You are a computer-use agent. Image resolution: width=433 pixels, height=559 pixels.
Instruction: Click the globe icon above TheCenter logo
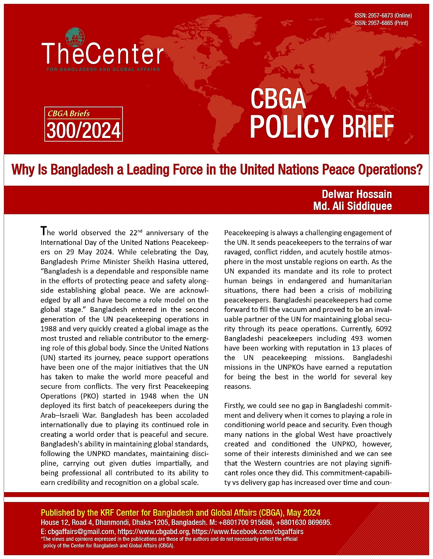[x=75, y=37]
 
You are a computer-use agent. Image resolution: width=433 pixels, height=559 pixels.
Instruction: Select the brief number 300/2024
[x=84, y=130]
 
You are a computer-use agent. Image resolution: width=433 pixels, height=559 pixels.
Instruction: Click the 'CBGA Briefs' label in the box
[x=69, y=113]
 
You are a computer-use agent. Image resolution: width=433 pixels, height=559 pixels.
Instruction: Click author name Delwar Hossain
[x=357, y=194]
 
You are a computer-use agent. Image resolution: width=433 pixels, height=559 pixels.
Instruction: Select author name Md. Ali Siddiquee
[x=353, y=206]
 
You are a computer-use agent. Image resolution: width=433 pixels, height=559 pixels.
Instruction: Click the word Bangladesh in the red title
[x=82, y=169]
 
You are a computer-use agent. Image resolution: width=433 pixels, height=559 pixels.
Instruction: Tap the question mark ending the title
[x=419, y=169]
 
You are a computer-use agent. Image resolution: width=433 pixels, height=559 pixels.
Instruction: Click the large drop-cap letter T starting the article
[x=44, y=231]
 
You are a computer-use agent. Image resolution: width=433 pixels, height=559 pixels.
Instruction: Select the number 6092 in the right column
[x=384, y=329]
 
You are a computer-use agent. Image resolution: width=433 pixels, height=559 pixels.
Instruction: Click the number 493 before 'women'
[x=358, y=339]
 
